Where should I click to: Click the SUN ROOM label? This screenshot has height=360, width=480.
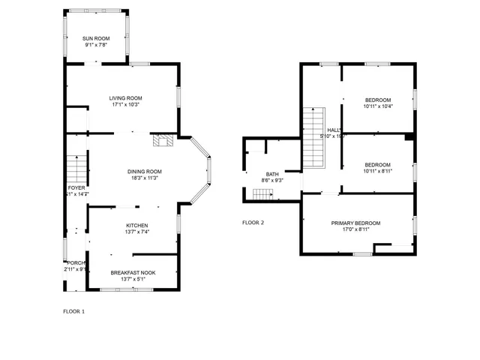coord(96,37)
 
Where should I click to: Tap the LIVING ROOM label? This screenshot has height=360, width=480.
coord(125,98)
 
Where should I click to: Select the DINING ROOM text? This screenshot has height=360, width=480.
coord(144,172)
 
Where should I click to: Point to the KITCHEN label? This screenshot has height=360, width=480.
coord(136,225)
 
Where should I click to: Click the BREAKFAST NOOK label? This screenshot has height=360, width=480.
coord(133,272)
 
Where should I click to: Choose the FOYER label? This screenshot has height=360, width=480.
coord(76,187)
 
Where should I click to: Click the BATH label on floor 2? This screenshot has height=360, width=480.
coord(271,174)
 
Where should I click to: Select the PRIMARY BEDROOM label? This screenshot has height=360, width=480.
coord(357,223)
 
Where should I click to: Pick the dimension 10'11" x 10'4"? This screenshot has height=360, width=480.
coord(378,106)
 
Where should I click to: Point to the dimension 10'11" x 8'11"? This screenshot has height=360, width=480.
coord(378,171)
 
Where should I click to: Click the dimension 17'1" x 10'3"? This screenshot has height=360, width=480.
coord(125,105)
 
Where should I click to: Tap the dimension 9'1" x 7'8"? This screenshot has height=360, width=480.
coord(96,44)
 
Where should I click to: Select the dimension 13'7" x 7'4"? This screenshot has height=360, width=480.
coord(136,232)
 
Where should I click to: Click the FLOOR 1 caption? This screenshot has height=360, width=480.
coord(73,310)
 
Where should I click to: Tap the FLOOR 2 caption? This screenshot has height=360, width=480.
coord(253,223)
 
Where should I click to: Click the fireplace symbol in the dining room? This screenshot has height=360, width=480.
coord(163,139)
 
